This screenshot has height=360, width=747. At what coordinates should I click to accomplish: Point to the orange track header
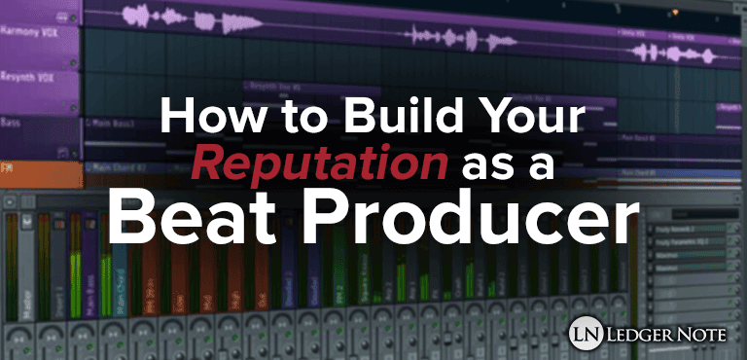[39, 171]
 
